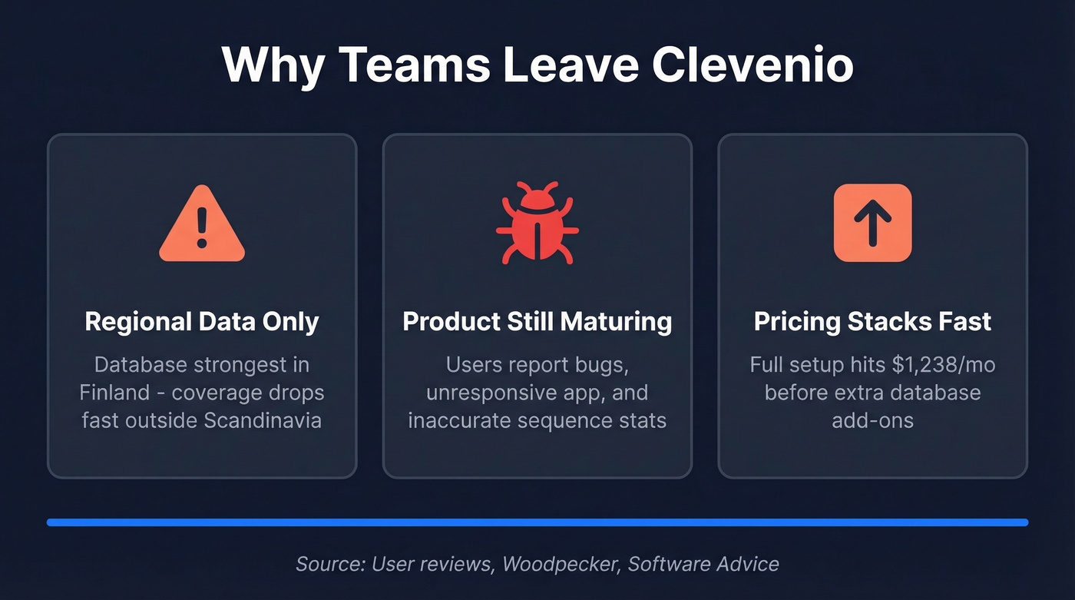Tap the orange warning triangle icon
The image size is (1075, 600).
point(202,224)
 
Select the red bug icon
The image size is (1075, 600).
point(537,224)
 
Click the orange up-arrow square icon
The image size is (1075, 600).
point(872,223)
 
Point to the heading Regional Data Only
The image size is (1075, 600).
point(202,321)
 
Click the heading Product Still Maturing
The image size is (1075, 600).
point(537,321)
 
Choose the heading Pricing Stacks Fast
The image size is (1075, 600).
point(872,321)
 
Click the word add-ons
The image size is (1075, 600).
point(872,420)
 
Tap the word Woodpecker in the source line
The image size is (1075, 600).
point(558,564)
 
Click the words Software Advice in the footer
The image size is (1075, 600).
point(703,564)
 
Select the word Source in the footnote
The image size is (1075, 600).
point(329,564)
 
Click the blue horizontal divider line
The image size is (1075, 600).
point(537,522)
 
